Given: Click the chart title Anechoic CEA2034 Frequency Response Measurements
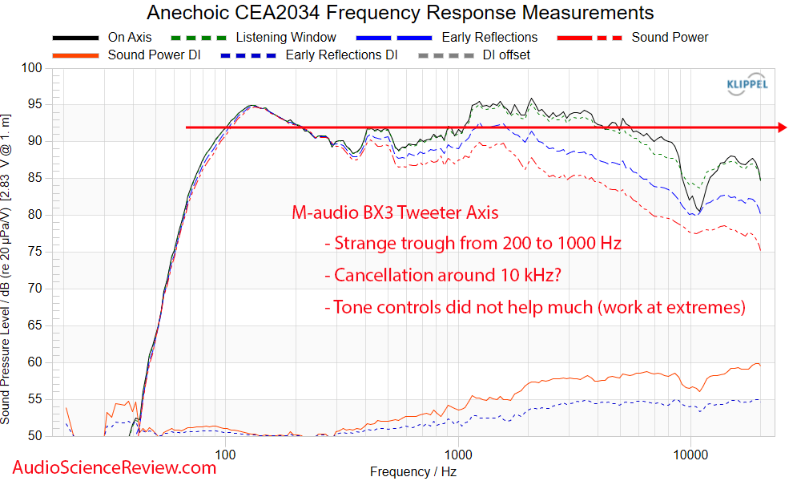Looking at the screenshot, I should pos(400,13).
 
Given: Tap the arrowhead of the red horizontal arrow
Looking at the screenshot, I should pos(781,127).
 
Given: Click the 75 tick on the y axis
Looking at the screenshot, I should pos(35,252).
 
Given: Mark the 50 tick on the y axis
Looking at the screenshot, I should pos(35,436).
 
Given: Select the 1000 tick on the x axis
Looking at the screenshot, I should pos(458,455).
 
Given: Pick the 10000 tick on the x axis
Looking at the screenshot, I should pos(690,455).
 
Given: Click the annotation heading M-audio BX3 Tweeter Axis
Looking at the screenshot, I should pos(394,213).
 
